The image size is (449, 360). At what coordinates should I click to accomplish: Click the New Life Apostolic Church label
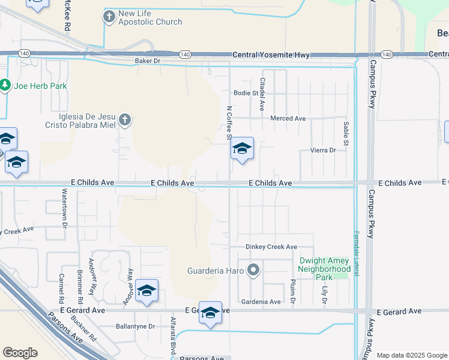[x=150, y=17]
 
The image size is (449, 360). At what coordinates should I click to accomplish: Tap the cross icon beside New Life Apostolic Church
[x=109, y=17]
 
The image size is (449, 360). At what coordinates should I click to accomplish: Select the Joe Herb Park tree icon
[x=5, y=86]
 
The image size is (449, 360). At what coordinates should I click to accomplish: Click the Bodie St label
[x=246, y=93]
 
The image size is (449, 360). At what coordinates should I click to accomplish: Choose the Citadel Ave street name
[x=262, y=93]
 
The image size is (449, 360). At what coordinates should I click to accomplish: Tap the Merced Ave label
[x=288, y=118]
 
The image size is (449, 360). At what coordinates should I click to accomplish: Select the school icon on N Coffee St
[x=242, y=149]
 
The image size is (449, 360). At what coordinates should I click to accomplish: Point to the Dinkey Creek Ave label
[x=271, y=247]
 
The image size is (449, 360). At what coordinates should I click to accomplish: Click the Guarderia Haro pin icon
[x=253, y=270]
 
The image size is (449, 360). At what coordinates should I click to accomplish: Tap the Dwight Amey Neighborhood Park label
[x=325, y=269]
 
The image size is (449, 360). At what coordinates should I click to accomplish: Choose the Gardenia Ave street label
[x=261, y=302]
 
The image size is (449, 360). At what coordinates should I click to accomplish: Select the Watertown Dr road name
[x=64, y=209]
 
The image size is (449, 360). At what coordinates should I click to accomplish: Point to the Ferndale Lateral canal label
[x=356, y=253]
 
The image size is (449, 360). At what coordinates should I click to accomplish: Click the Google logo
[x=20, y=353]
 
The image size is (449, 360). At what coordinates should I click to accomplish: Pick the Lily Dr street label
[x=325, y=293]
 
